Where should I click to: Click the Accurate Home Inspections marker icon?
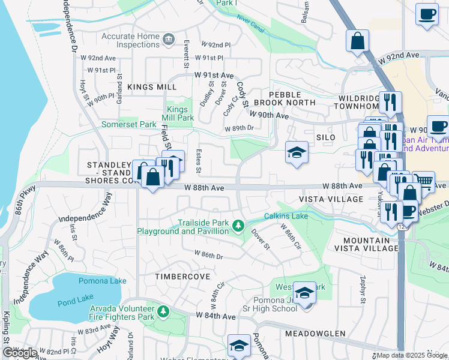[x=169, y=40]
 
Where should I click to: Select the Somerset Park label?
[x=128, y=124]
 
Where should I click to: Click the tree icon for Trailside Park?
[x=239, y=226]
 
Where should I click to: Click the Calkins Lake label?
[x=286, y=216]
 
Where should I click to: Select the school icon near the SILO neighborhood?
[x=297, y=153]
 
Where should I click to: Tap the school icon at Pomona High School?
[x=305, y=294]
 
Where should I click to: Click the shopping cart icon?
[x=424, y=181]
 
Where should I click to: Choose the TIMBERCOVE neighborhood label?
[x=182, y=277]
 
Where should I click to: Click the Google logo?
[x=20, y=353]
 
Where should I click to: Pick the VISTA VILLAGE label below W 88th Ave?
[x=332, y=199]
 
